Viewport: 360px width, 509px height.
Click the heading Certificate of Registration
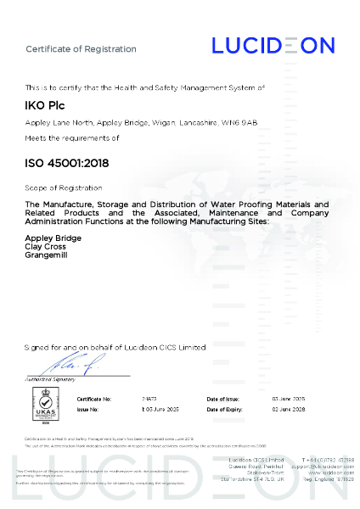pyautogui.click(x=81, y=49)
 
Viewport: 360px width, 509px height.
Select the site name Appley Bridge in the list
pyautogui.click(x=53, y=238)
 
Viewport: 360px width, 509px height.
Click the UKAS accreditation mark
pyautogui.click(x=44, y=405)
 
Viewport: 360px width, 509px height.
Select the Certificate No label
pyautogui.click(x=94, y=398)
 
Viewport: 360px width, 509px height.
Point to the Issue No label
pyautogui.click(x=88, y=408)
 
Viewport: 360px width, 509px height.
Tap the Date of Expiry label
pyautogui.click(x=225, y=408)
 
